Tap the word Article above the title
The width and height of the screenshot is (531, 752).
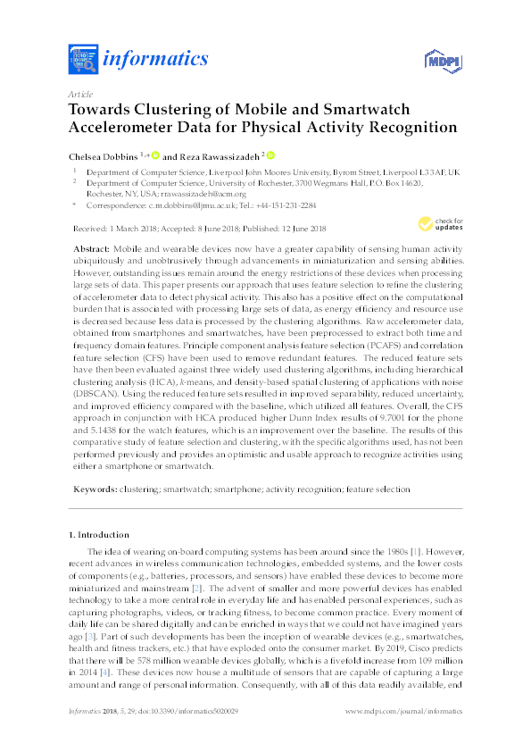(x=79, y=94)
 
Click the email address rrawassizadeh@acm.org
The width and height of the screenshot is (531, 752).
(x=207, y=193)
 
